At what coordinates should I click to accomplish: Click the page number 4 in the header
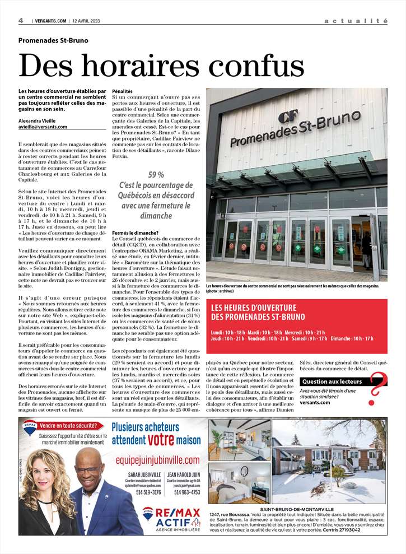(x=21, y=21)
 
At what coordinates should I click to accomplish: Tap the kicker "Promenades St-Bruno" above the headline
(x=53, y=40)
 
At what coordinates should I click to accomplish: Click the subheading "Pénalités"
(x=123, y=91)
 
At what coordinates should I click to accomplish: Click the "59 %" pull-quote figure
(x=156, y=174)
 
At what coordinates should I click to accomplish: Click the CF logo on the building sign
(x=287, y=118)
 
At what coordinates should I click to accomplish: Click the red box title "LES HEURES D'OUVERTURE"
(x=253, y=308)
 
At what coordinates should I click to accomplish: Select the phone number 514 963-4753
(x=186, y=492)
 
